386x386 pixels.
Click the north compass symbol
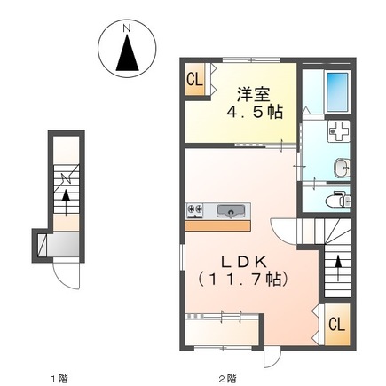point(126,54)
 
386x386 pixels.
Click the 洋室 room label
point(251,91)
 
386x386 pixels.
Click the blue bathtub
point(336,91)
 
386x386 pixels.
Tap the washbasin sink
point(340,166)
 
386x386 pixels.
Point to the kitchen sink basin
point(231,211)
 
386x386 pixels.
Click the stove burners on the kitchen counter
point(196,211)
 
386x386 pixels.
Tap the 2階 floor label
point(228,379)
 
